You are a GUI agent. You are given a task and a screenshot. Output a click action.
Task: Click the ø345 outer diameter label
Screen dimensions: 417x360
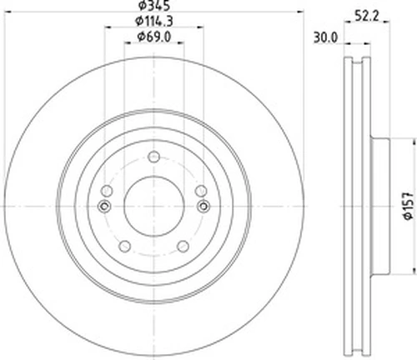[x=154, y=5]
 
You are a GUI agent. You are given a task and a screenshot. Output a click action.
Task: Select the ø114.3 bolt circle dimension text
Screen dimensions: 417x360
[x=154, y=21]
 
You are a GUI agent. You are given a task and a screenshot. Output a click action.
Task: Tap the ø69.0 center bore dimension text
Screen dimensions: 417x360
[x=154, y=37]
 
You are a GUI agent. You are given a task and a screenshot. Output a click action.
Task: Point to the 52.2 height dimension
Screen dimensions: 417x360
[x=367, y=17]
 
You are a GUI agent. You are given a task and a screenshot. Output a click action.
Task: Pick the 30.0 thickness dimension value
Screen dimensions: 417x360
[x=325, y=37]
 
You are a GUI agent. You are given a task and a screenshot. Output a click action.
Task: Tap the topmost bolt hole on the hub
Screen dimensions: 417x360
[x=153, y=157]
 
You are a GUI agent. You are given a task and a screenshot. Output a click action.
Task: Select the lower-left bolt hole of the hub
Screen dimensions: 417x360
[x=125, y=246]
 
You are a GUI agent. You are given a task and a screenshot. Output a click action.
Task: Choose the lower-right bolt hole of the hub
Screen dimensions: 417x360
[x=183, y=246]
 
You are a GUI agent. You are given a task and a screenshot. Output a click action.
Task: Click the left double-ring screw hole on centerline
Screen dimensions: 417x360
[x=104, y=206]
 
